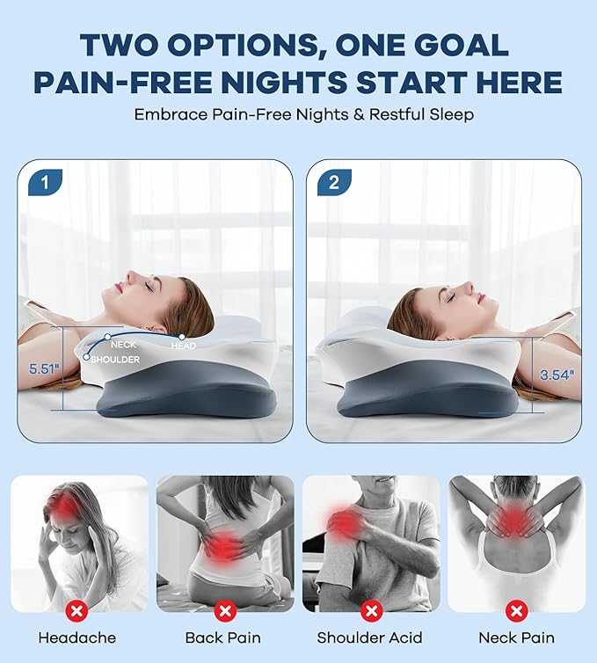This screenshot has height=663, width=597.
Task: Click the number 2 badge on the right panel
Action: [333, 182]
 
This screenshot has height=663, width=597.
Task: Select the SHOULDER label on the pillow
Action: [116, 358]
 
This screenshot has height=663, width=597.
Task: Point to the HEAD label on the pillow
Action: [185, 346]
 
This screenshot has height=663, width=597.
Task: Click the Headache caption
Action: [76, 637]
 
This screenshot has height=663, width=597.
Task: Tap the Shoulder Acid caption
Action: [370, 637]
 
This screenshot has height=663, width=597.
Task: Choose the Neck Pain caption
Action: [516, 637]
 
